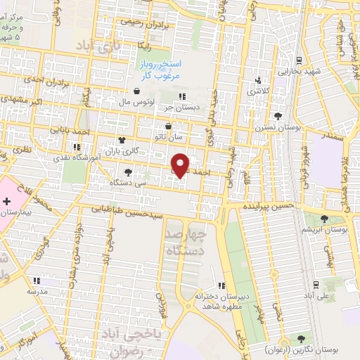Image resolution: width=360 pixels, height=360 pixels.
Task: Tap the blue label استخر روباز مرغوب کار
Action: click(x=160, y=70)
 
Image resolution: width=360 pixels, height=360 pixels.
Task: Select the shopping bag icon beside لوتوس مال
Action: click(x=136, y=91)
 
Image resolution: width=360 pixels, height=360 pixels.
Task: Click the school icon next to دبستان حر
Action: click(x=181, y=96)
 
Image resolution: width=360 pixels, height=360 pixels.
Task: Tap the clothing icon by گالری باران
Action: click(x=123, y=141)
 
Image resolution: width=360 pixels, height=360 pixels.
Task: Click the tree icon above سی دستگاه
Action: click(x=127, y=171)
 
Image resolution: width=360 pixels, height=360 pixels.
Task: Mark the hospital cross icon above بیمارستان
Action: click(x=7, y=202)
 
